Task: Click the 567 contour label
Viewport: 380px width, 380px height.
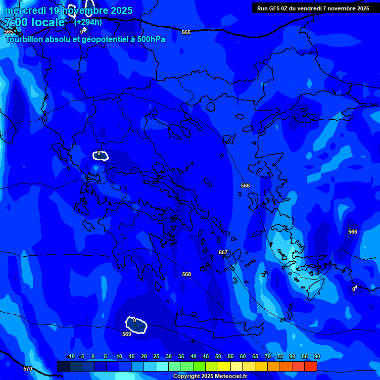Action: [x=223, y=252]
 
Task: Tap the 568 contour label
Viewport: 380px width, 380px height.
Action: [x=187, y=274]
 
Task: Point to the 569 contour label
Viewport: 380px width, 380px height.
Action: [x=127, y=334]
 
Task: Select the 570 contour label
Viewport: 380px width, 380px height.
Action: [x=28, y=369]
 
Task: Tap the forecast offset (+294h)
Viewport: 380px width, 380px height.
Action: [x=88, y=22]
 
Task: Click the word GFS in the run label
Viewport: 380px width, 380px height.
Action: [x=275, y=8]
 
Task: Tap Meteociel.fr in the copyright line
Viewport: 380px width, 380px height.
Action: [x=228, y=377]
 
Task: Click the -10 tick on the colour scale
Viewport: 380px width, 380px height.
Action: [x=70, y=357]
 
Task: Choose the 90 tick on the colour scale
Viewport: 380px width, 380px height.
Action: [x=317, y=357]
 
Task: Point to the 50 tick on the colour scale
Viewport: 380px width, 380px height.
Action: [x=218, y=357]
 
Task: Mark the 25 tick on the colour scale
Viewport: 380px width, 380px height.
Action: [x=156, y=357]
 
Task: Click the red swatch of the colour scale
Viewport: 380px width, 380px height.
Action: [x=310, y=366]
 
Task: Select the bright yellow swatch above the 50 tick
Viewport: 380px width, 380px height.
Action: [x=224, y=366]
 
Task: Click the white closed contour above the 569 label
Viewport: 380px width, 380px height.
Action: [x=137, y=325]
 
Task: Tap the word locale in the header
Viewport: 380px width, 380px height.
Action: [x=47, y=22]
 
